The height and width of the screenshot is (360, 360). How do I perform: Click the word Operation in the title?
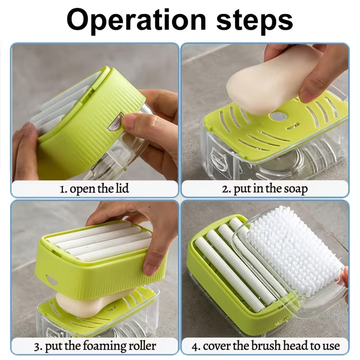coord(136,21)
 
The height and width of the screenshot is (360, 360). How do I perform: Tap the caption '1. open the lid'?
coord(94,189)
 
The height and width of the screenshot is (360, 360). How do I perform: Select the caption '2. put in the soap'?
coord(265,189)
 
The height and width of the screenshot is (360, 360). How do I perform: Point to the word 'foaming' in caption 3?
coord(103,346)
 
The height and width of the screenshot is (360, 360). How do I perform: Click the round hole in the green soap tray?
coord(278,117)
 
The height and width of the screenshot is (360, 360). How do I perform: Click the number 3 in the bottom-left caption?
coord(36,346)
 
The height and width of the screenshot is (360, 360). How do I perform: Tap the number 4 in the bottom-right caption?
coord(194,346)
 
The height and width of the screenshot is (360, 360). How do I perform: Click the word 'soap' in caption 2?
coord(296,189)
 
